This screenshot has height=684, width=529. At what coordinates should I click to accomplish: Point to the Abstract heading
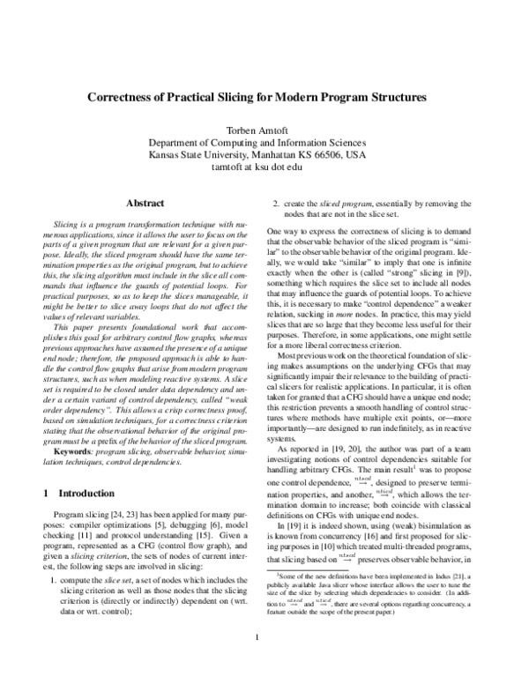146,203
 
